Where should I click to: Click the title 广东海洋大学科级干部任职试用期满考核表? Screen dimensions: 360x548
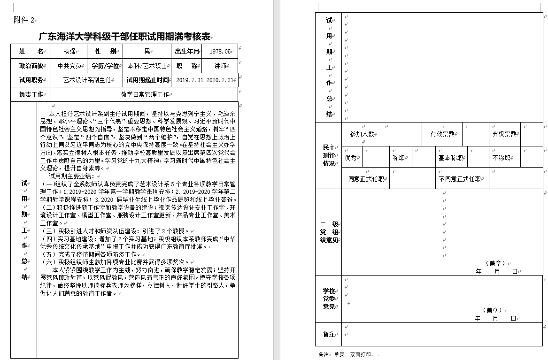tap(124, 37)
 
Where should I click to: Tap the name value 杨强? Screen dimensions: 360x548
tap(69, 51)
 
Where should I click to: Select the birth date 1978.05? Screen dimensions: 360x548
tap(221, 52)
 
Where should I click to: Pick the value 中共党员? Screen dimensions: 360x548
tap(69, 66)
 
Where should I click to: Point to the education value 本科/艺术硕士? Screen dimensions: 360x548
tap(147, 66)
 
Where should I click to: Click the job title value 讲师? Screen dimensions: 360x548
tap(220, 66)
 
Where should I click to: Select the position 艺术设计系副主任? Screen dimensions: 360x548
tap(87, 80)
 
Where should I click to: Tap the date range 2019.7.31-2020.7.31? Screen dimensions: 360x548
tap(205, 80)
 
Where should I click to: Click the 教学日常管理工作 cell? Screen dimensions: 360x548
tap(145, 94)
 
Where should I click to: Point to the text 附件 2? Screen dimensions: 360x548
tap(24, 20)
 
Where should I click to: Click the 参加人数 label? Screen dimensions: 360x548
tap(362, 134)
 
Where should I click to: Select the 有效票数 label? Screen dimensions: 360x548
tap(442, 134)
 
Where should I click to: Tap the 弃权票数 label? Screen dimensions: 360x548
tap(504, 134)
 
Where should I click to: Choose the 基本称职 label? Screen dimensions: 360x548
tap(451, 158)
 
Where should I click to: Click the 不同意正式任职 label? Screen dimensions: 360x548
tap(460, 179)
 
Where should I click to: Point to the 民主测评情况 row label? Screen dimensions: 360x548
tap(329, 155)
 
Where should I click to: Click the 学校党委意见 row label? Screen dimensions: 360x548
tap(329, 299)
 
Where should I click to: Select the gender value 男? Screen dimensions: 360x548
tap(147, 51)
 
